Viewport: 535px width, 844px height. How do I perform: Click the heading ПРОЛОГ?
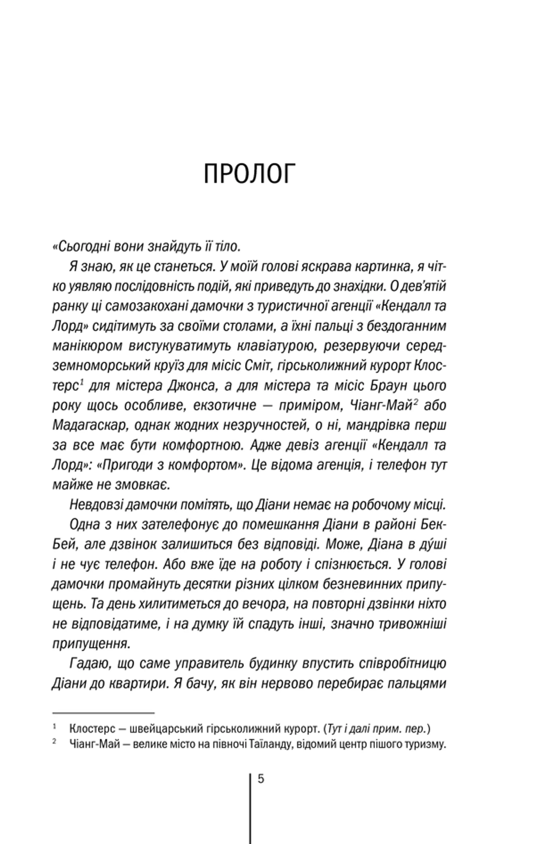coord(250,174)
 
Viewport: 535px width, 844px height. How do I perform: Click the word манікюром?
coord(87,346)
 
